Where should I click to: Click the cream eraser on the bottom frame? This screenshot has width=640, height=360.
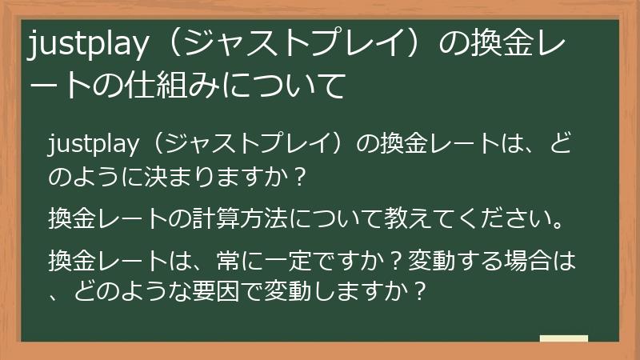pyautogui.click(x=563, y=338)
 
